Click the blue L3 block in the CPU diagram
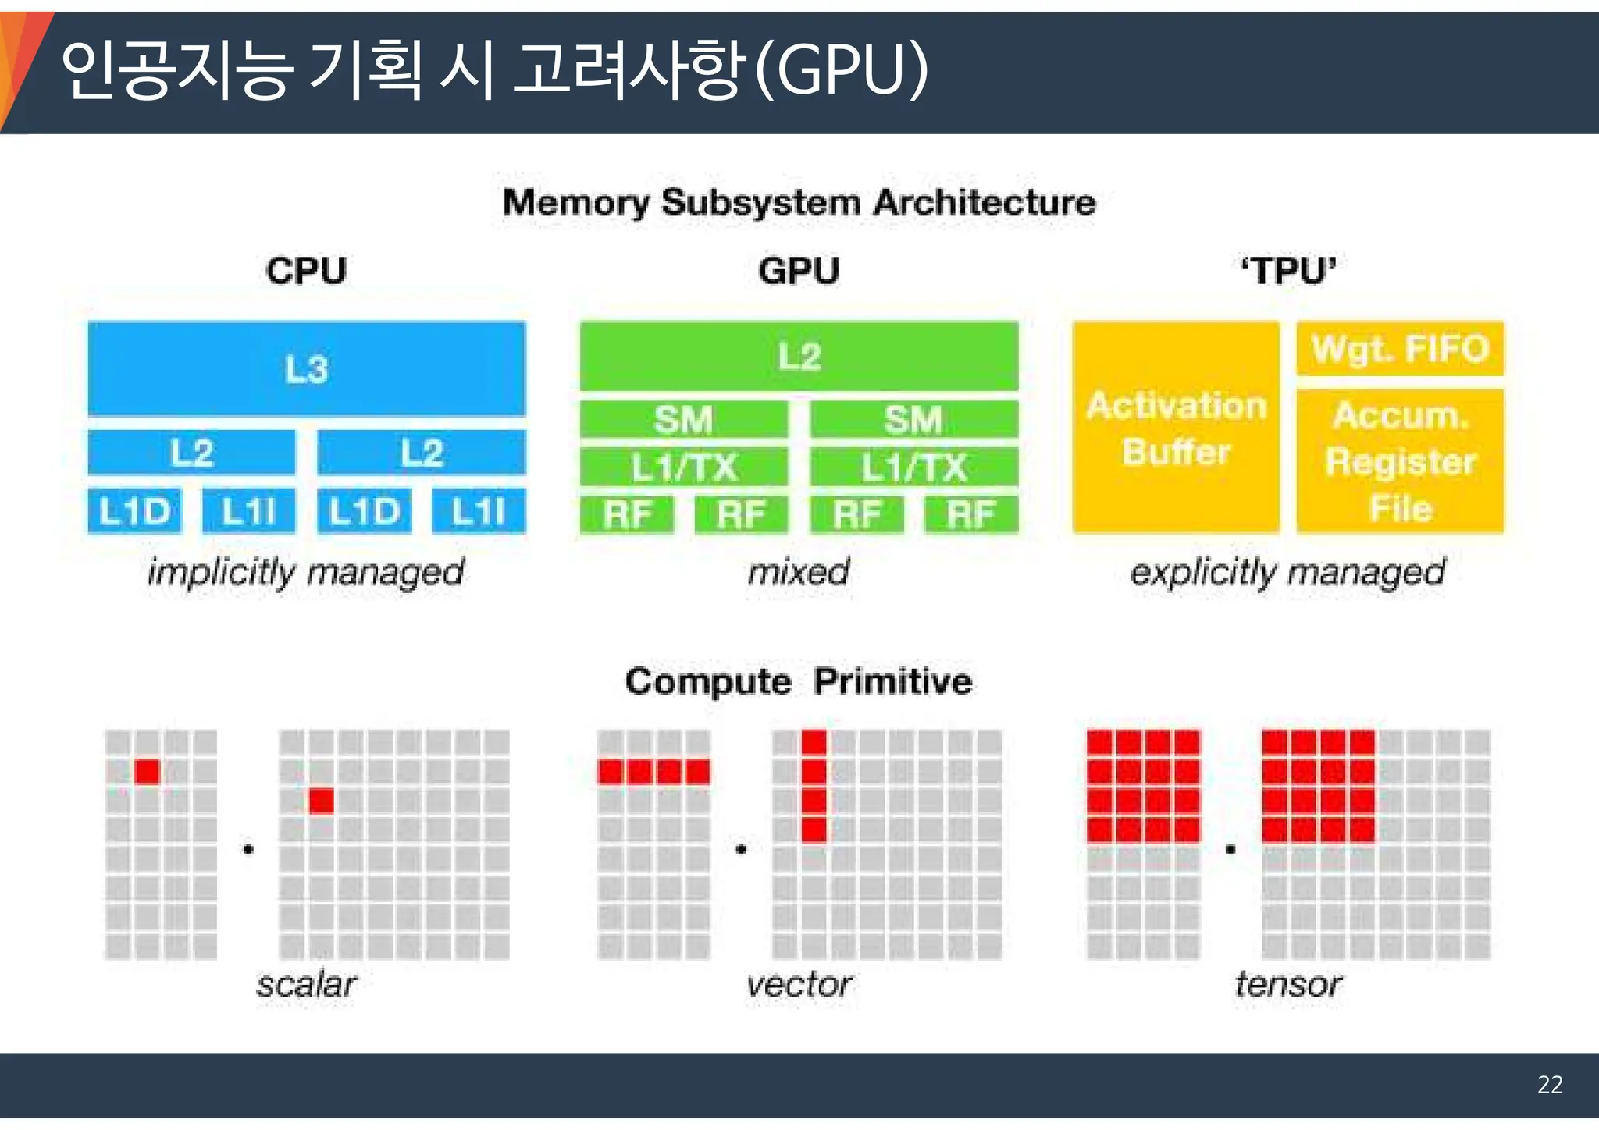coord(306,368)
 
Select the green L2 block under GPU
coord(799,356)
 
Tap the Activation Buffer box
coord(1176,428)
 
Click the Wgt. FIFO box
coord(1400,348)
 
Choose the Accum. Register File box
coord(1400,460)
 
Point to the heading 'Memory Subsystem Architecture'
coord(799,203)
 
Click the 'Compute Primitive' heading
coord(799,681)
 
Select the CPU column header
coord(306,271)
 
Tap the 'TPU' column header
coord(1288,271)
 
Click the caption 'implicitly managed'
coord(306,572)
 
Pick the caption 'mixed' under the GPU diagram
coord(799,572)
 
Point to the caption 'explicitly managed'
coord(1288,572)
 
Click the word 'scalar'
coord(306,984)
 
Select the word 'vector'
coord(799,984)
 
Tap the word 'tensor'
coord(1288,984)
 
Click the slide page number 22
coord(1550,1085)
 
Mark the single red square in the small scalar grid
coord(147,771)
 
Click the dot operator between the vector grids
coord(741,848)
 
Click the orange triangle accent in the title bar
coord(17,62)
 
